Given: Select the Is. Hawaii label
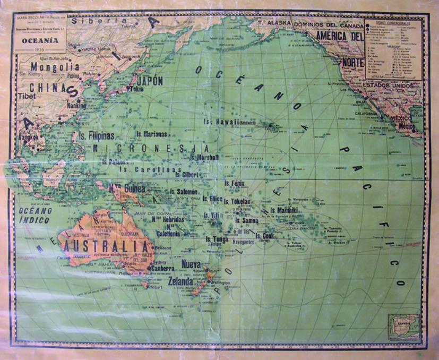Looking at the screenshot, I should tap(221, 122).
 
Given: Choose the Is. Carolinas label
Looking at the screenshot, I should tap(148, 169).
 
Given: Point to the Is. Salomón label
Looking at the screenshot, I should tap(184, 191).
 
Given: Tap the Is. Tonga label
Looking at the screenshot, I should tap(217, 239).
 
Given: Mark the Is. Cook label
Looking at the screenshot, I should tap(264, 236).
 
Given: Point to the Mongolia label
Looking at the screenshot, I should tap(55, 67).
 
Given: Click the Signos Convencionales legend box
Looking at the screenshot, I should tap(393, 49).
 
